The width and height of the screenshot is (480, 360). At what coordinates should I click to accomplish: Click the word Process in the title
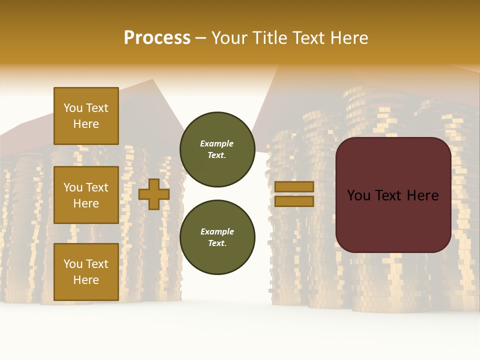pyautogui.click(x=157, y=38)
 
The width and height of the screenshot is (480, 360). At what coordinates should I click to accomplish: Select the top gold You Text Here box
pyautogui.click(x=86, y=116)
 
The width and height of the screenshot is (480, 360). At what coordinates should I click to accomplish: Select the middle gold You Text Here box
pyautogui.click(x=86, y=195)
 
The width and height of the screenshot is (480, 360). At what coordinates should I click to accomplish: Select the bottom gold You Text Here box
pyautogui.click(x=86, y=272)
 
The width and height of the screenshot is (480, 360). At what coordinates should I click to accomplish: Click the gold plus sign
pyautogui.click(x=154, y=194)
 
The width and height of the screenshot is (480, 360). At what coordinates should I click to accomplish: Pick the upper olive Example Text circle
pyautogui.click(x=217, y=149)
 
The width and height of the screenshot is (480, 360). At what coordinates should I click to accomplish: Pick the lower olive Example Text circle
pyautogui.click(x=217, y=237)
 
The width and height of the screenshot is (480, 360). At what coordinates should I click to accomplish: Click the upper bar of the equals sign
pyautogui.click(x=294, y=187)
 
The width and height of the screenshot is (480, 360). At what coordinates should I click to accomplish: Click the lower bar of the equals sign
pyautogui.click(x=294, y=201)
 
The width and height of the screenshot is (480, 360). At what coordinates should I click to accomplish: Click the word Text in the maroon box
pyautogui.click(x=392, y=195)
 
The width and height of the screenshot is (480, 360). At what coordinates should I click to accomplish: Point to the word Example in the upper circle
pyautogui.click(x=216, y=144)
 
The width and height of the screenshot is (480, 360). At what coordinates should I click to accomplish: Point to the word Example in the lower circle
pyautogui.click(x=216, y=232)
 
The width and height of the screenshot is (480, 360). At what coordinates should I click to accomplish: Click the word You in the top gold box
pyautogui.click(x=73, y=108)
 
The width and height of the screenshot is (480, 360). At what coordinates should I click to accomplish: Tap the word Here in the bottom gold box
pyautogui.click(x=86, y=280)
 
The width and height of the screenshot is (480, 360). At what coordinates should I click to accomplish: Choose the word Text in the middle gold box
pyautogui.click(x=97, y=187)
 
